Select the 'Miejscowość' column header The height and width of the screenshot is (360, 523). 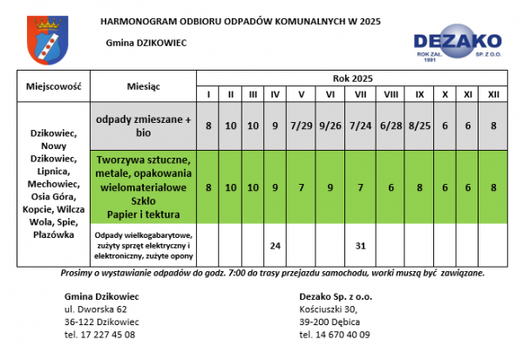53,87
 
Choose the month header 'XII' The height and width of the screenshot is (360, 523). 492,94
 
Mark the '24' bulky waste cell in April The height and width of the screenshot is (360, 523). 275,245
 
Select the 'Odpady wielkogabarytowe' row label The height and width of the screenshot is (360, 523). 145,236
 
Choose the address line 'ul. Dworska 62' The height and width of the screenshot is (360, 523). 95,309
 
